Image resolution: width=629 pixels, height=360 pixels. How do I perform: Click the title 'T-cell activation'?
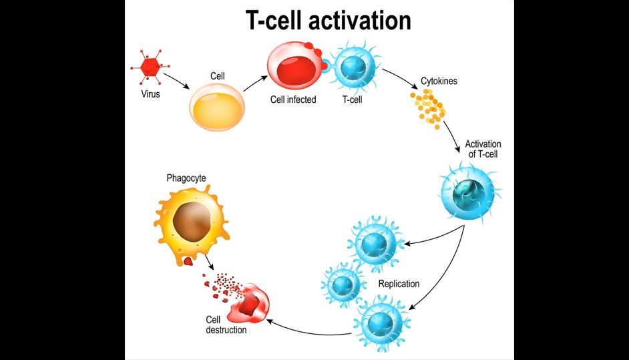coord(328,21)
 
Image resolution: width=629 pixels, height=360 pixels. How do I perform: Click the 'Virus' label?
coord(150,94)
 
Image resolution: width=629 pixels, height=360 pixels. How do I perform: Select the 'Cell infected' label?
coord(293,100)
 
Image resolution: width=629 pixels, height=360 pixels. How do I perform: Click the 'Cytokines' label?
coord(439,81)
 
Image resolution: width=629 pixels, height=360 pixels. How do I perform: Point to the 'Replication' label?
coord(399,284)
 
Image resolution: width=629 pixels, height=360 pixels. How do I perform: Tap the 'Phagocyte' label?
coord(186,178)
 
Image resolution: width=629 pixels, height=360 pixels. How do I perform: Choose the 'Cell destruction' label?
coord(226,325)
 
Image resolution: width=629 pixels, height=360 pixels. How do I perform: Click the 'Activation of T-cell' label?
coord(483,149)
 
